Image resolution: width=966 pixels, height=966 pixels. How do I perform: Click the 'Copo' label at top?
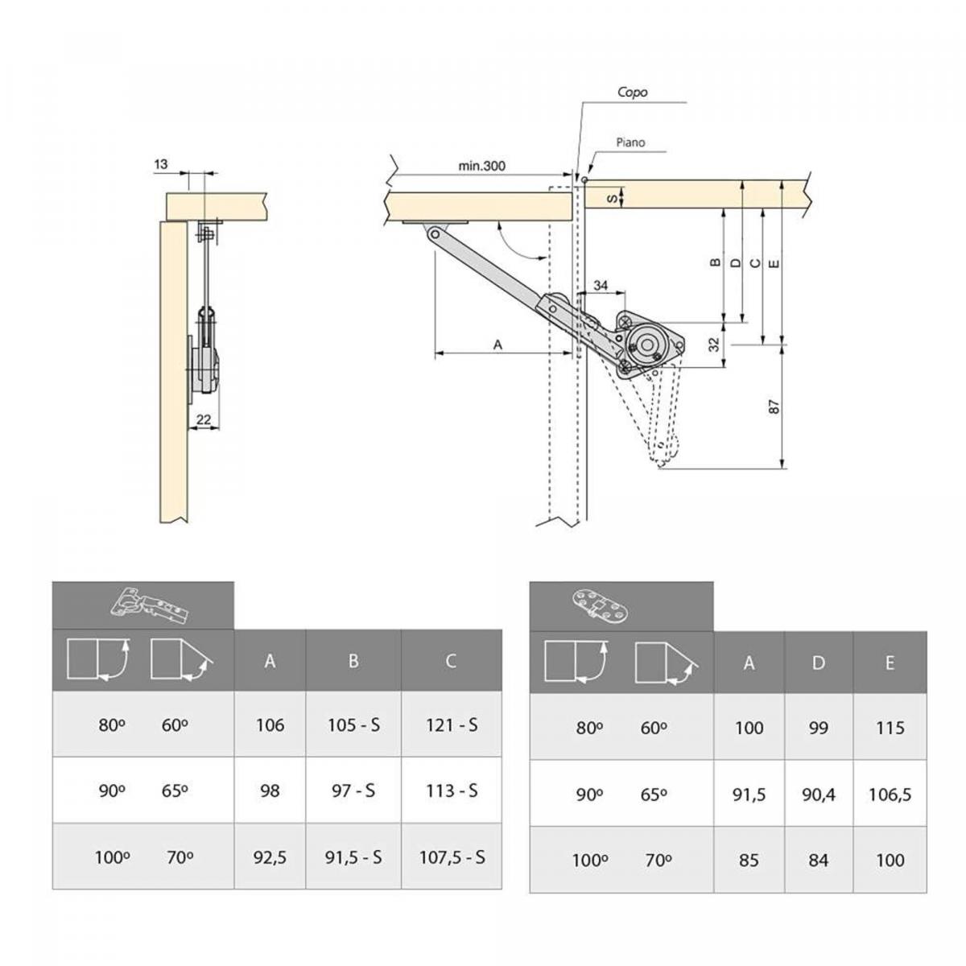(632, 92)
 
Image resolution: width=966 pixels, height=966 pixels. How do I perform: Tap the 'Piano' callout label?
(630, 142)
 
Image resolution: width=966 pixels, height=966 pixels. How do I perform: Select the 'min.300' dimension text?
(481, 166)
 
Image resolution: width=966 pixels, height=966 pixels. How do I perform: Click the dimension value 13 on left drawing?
(161, 164)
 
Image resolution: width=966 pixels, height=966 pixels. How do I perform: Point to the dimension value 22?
(203, 419)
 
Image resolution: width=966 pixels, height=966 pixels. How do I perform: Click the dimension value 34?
(601, 286)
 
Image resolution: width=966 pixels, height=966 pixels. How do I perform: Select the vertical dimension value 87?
(774, 407)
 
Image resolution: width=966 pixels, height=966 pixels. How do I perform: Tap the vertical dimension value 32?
(713, 345)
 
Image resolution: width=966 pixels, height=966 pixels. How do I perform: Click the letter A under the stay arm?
(497, 344)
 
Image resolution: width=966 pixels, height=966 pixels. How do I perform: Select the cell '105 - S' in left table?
(353, 724)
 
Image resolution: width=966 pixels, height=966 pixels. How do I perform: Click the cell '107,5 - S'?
(452, 857)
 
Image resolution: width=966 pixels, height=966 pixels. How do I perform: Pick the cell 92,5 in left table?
(270, 857)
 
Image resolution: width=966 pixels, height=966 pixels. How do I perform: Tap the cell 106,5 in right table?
(890, 795)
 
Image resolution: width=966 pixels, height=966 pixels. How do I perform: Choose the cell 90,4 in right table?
(818, 795)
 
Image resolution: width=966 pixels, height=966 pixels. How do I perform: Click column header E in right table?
(890, 663)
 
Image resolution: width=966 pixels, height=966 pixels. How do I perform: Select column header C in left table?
(451, 661)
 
